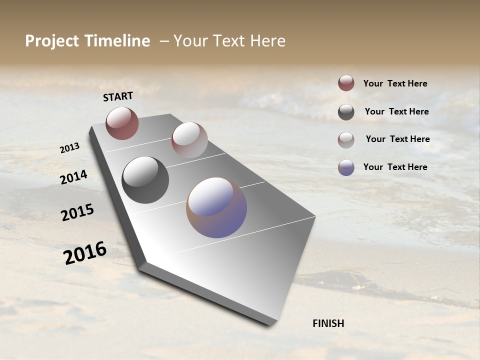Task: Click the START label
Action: point(118,96)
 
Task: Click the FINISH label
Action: point(328,323)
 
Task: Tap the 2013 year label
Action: point(69,147)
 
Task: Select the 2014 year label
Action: point(73,177)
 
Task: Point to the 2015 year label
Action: point(77,212)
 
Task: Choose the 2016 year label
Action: point(85,252)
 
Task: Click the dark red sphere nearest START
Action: point(122,123)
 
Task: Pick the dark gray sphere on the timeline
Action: point(145,180)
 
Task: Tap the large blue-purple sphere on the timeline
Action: point(216,207)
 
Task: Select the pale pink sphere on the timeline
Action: point(189,140)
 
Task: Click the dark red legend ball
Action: point(346,83)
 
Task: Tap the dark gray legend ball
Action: point(346,112)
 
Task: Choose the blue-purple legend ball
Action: point(346,167)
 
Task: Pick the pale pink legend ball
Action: point(346,140)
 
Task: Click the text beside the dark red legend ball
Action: point(395,83)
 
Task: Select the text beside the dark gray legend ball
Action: point(396,111)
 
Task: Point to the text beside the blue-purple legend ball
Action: point(395,167)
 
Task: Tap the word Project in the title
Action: point(51,41)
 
